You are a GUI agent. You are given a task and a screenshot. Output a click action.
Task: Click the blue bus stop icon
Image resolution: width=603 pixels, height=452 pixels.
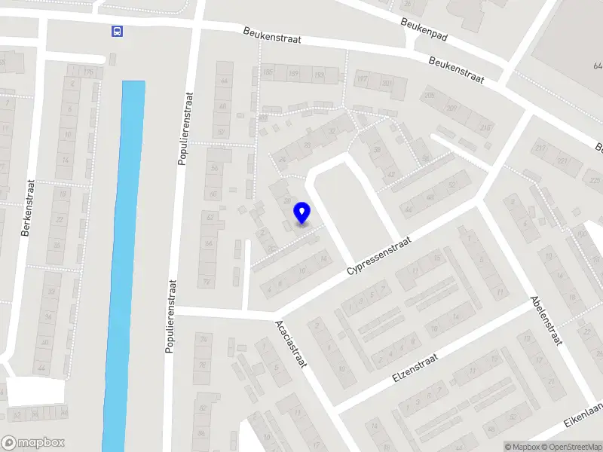coord(117,31)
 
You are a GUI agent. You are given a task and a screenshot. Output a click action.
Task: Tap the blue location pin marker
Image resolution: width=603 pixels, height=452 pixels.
coord(302,213)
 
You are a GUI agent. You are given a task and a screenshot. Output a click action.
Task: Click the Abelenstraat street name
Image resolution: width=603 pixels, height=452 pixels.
coord(547,319)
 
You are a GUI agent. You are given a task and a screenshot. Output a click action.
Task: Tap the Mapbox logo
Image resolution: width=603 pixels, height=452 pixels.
coord(33,442)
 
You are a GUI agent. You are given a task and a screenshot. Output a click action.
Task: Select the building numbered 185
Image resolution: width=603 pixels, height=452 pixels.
coord(267,72)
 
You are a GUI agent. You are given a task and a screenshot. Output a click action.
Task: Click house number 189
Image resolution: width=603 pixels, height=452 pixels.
coord(293,74)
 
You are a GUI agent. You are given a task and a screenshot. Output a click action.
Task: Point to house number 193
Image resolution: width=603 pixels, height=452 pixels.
coord(319,76)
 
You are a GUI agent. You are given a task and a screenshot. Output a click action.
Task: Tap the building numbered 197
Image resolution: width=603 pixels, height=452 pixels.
coord(363,79)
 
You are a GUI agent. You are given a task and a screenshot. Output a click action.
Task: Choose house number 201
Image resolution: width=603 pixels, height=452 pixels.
coord(387,84)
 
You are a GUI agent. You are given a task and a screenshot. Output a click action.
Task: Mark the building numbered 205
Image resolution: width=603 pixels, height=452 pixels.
coord(430,96)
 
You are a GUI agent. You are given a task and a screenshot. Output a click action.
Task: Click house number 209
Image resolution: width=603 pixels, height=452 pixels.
coord(450,108)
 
